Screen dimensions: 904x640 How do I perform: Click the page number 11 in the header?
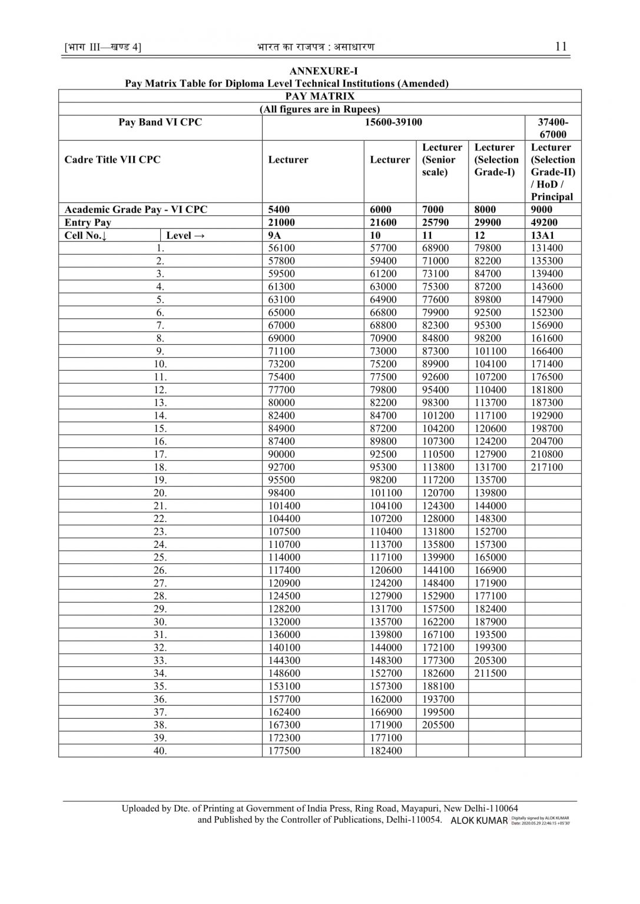561,46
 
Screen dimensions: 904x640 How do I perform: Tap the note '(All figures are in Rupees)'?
320,109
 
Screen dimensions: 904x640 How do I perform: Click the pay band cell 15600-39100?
393,122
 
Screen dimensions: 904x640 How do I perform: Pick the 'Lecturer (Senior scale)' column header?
442,159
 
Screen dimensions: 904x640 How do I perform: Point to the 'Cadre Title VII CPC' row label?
112,159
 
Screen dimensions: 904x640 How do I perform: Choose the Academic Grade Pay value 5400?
278,210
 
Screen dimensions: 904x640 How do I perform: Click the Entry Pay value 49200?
545,222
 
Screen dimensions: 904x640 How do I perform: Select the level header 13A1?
543,235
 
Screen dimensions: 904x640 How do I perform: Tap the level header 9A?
274,235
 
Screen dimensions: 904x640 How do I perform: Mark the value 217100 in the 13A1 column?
546,467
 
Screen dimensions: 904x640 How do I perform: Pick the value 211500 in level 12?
490,673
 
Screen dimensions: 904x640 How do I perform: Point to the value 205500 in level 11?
438,725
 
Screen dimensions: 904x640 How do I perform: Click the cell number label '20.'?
160,493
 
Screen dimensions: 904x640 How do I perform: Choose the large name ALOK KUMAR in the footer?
479,821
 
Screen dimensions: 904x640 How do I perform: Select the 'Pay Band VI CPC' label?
160,122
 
